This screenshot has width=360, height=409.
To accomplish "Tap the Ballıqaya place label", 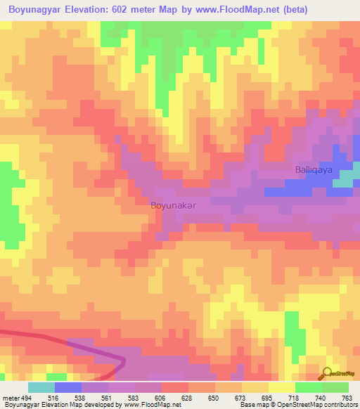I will pos(312,170).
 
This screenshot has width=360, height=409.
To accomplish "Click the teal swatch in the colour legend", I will pos(41,387).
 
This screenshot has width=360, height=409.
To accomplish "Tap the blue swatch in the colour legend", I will pos(68,387).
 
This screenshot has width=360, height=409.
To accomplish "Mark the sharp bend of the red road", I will pos(123,361).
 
